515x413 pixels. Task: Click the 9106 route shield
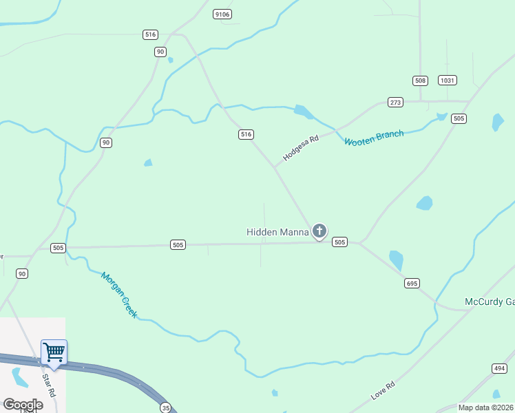(222, 14)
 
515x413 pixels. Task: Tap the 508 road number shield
(420, 81)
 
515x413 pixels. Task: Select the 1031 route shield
(447, 81)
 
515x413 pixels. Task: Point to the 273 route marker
(395, 103)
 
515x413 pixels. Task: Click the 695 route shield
(412, 283)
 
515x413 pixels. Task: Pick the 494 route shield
(498, 368)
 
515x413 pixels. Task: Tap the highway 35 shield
(166, 407)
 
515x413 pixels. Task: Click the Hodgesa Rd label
(301, 148)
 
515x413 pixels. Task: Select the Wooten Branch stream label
(374, 138)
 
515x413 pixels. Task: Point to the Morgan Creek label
(119, 295)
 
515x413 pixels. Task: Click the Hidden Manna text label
(277, 232)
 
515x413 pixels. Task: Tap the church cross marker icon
(319, 231)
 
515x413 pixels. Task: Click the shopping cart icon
(54, 352)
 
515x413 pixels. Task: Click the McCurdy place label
(490, 302)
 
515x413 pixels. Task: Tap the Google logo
(23, 405)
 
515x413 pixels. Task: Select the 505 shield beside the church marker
(339, 242)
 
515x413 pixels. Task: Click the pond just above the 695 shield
(396, 260)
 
